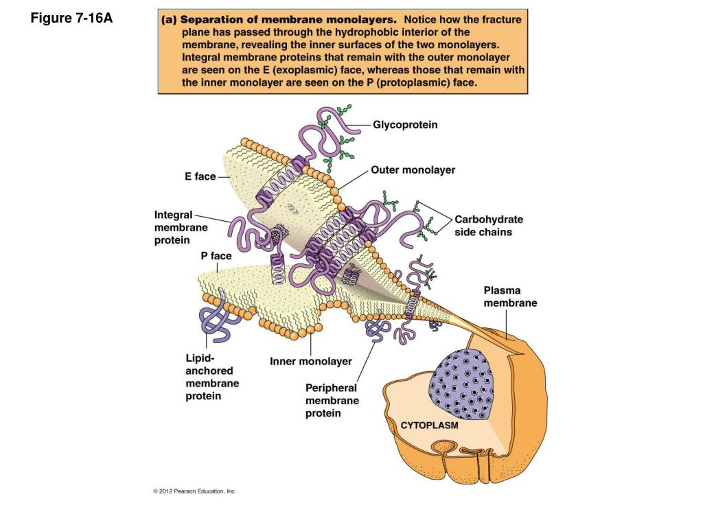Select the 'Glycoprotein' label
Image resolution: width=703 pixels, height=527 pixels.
tap(405, 125)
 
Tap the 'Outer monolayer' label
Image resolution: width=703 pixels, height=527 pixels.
tap(413, 169)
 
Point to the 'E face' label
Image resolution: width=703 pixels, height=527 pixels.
tap(200, 176)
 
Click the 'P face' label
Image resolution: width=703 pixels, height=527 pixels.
tap(216, 256)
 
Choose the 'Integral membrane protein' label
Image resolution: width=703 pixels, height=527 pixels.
tap(181, 227)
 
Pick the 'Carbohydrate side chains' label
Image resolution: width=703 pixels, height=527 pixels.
tap(488, 226)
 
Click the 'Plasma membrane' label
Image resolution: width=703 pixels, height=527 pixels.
tap(510, 296)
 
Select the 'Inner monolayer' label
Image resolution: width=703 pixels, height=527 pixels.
tap(310, 361)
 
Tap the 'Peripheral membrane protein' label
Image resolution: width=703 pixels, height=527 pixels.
tap(332, 401)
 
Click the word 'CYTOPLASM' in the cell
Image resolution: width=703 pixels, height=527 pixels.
tap(429, 425)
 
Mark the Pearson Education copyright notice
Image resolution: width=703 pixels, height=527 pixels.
tap(194, 491)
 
